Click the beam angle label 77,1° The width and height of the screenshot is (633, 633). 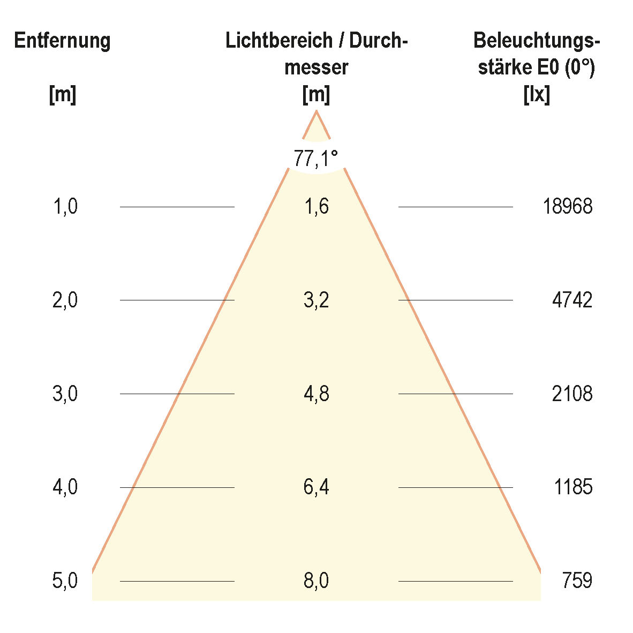[316, 159]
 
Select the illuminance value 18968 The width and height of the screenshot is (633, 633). [567, 207]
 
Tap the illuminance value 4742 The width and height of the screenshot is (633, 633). [572, 300]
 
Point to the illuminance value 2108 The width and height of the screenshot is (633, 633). [572, 394]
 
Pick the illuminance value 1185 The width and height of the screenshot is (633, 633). [573, 487]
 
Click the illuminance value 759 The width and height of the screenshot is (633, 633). [577, 581]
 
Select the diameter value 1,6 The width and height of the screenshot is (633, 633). [316, 207]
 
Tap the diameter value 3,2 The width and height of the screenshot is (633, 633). [316, 300]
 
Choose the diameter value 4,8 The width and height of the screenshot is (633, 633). [316, 394]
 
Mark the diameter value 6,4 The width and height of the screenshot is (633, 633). [316, 487]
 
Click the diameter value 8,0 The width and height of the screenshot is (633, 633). [316, 581]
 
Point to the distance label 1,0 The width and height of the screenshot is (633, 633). [65, 207]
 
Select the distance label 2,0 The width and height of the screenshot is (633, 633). [65, 300]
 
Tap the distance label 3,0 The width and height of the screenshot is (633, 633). [65, 394]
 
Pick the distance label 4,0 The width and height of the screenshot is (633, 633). [65, 487]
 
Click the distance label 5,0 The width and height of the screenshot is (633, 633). [65, 581]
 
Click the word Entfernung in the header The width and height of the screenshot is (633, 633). [63, 41]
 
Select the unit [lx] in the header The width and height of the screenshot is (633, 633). [536, 95]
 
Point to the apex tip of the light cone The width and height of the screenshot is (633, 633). [316, 111]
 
